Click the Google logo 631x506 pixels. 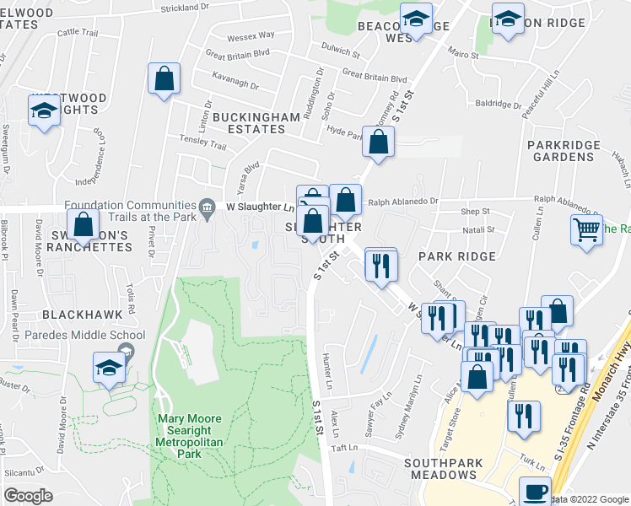point(27,495)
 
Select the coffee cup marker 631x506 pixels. point(534,491)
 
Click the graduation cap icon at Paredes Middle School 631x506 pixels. point(110,369)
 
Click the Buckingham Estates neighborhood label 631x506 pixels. point(249,122)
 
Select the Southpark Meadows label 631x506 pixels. point(440,469)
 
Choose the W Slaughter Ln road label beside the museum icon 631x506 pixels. point(260,207)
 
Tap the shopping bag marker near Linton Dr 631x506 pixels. point(164,80)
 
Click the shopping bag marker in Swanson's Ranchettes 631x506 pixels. point(83,226)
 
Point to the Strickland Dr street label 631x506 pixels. point(183,7)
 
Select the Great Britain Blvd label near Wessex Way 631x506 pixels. point(238,52)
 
